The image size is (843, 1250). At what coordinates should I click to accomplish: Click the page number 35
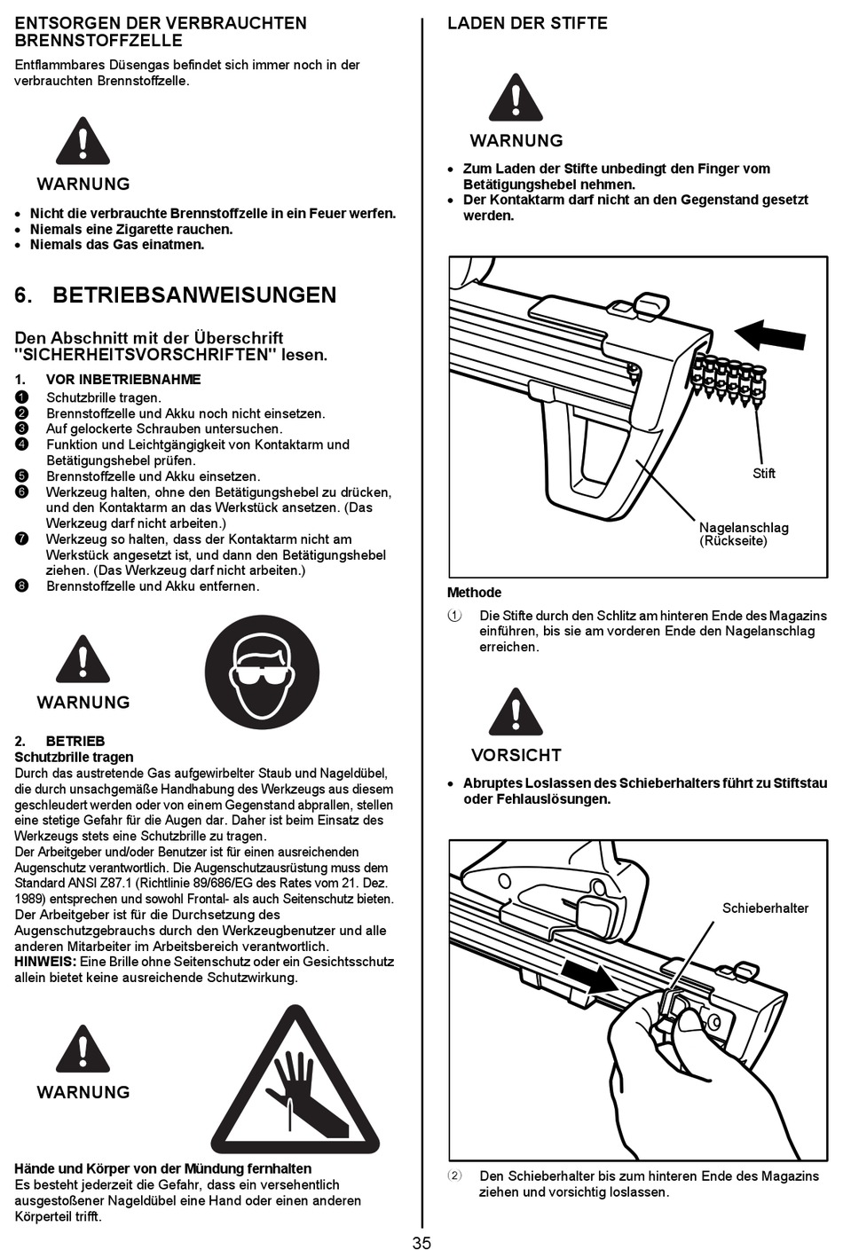(x=421, y=1242)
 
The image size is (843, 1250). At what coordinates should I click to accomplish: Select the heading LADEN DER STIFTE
(x=527, y=23)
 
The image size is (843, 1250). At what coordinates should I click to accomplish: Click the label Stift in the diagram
(x=763, y=473)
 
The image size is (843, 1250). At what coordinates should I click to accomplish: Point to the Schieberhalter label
(x=765, y=908)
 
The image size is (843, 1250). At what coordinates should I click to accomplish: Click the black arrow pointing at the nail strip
(x=769, y=335)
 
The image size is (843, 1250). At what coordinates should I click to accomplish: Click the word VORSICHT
(x=516, y=755)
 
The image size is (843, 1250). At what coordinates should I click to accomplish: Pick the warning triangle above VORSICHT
(x=516, y=712)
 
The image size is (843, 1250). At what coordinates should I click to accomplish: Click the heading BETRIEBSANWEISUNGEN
(x=194, y=295)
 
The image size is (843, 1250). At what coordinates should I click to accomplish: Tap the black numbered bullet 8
(x=22, y=586)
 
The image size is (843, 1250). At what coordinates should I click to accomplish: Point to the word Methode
(x=474, y=593)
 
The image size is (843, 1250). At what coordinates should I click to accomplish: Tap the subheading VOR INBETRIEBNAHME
(x=123, y=380)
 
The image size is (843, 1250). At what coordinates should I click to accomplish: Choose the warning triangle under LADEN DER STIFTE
(x=516, y=98)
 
